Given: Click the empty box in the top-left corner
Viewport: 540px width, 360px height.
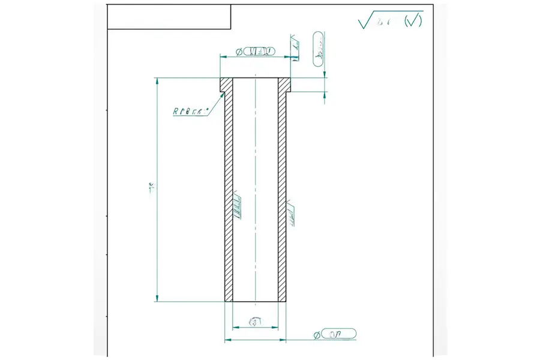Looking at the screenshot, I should coord(169,16).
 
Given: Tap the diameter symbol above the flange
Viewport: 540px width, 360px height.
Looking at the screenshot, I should coord(239,52).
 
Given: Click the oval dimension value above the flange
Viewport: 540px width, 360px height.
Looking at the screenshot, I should coord(259,51).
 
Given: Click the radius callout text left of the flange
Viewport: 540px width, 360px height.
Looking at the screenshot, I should coord(189,111).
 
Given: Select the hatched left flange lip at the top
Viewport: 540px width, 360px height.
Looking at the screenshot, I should coord(226,85).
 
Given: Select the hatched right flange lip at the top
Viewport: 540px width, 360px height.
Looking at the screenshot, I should coord(284,85).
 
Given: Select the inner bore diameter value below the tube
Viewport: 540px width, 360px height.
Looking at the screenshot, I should coord(256,322).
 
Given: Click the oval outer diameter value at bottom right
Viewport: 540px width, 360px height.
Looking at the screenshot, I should coord(340,333).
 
